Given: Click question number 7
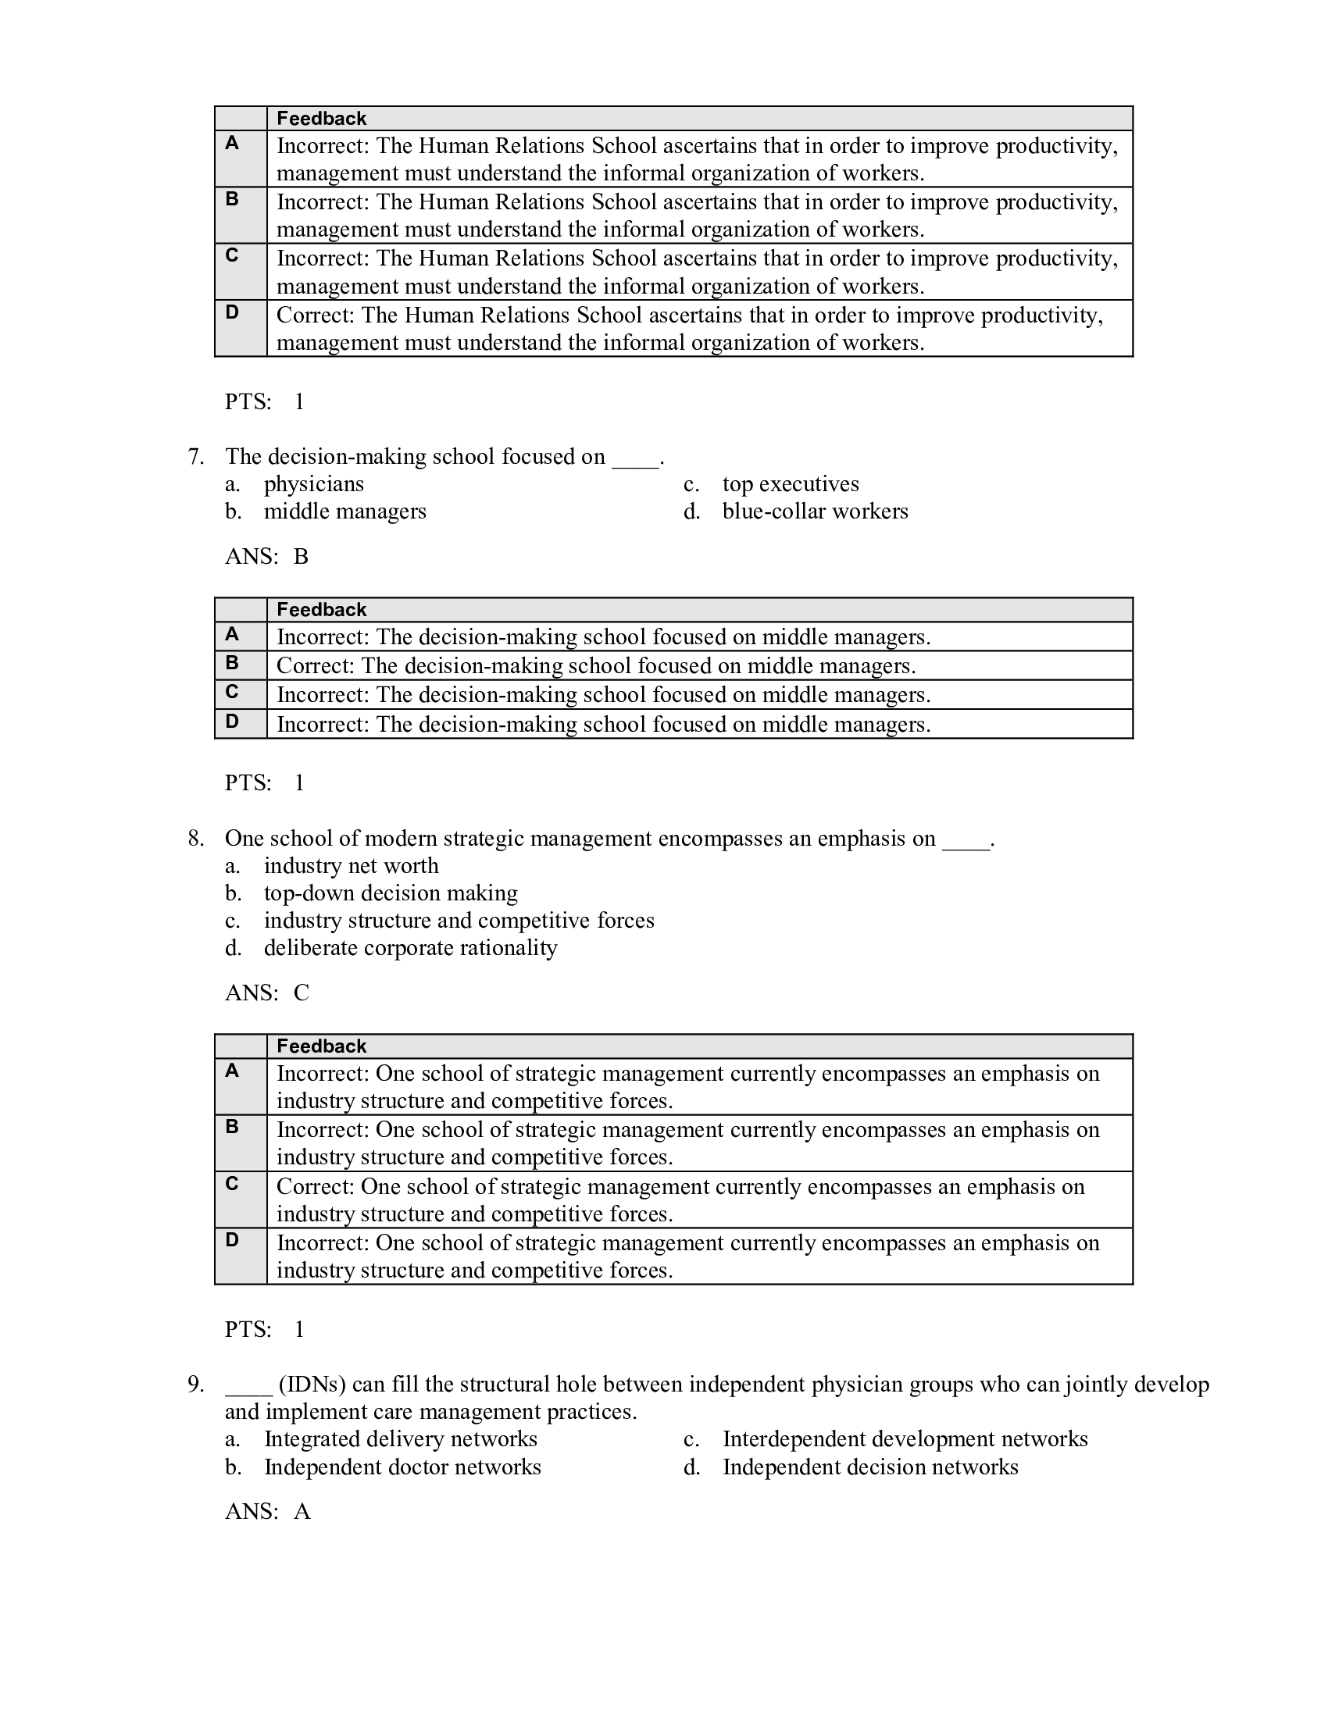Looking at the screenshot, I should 196,457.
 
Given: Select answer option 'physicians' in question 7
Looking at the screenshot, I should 313,484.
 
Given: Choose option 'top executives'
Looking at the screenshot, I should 790,484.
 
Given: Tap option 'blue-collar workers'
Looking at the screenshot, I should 814,511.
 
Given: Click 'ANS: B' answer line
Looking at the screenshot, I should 266,557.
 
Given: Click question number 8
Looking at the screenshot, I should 196,839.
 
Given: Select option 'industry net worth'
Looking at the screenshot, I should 351,866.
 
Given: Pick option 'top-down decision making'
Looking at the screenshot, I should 391,893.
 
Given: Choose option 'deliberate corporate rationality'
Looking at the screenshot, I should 410,948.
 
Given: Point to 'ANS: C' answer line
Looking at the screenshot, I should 266,993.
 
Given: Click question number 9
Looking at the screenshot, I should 196,1385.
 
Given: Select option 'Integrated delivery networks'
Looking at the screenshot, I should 400,1439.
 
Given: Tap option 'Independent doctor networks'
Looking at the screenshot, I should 402,1467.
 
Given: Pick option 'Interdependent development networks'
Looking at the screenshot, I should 905,1439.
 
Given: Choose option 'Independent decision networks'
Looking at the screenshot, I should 870,1467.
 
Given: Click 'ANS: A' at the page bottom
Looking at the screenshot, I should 267,1512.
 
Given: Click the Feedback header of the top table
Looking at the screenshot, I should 321,119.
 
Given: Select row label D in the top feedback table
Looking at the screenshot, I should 232,312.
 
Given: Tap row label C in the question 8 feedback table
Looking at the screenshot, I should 232,1184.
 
